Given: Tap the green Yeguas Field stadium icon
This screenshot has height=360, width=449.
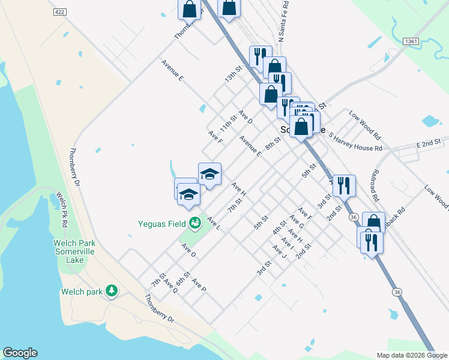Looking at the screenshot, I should coord(195,224).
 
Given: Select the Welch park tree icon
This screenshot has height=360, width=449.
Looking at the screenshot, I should coord(111,292).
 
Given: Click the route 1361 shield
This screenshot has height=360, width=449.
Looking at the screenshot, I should coord(411,41).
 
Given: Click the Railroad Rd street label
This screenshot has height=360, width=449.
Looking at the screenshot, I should coord(375,188).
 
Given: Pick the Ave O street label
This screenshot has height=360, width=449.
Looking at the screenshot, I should coord(188,251).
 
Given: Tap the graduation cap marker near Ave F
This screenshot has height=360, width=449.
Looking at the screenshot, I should coord(209,173).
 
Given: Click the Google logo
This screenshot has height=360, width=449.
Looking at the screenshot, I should coord(20,353).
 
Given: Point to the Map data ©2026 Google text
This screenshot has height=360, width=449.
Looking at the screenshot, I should coord(412,355).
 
